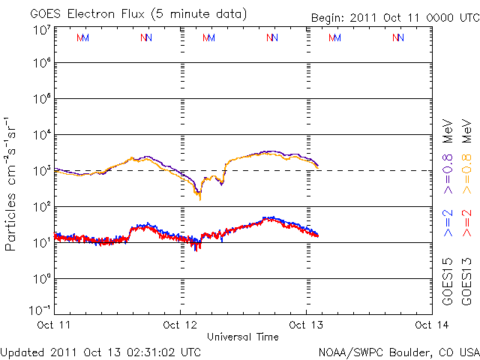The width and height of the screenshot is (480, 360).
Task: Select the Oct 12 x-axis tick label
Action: [181, 325]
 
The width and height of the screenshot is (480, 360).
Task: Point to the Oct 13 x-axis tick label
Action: [305, 325]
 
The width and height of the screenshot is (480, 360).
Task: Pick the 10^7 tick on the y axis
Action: [42, 31]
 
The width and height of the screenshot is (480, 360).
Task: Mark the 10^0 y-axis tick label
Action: [42, 279]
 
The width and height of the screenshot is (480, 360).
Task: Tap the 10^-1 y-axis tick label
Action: [40, 309]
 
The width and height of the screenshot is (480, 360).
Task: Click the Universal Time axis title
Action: [243, 337]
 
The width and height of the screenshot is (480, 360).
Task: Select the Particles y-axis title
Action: [12, 184]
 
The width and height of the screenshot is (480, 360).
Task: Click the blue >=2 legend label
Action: [447, 223]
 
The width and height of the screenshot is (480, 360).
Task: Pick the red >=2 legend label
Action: [466, 223]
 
